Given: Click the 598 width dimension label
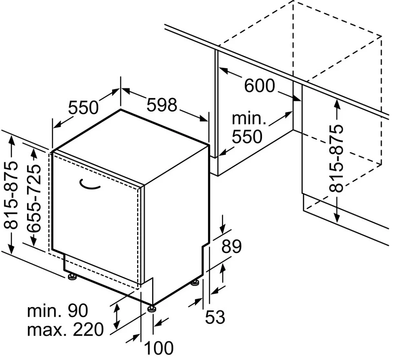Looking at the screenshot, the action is click(162, 104).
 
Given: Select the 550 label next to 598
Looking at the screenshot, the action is click(83, 107).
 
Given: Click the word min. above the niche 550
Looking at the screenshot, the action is click(249, 118).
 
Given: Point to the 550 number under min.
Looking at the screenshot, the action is click(247, 136).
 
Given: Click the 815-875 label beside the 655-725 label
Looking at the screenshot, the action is click(11, 195).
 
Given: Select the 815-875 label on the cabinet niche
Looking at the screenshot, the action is click(336, 158).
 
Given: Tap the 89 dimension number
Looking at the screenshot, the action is click(231, 247).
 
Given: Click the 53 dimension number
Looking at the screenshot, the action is click(215, 317).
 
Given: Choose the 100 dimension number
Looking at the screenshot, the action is click(159, 348).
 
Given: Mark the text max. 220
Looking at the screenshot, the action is click(65, 329).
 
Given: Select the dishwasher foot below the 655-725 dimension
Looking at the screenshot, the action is click(72, 276).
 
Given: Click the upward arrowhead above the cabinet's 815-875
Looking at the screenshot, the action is click(337, 104).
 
